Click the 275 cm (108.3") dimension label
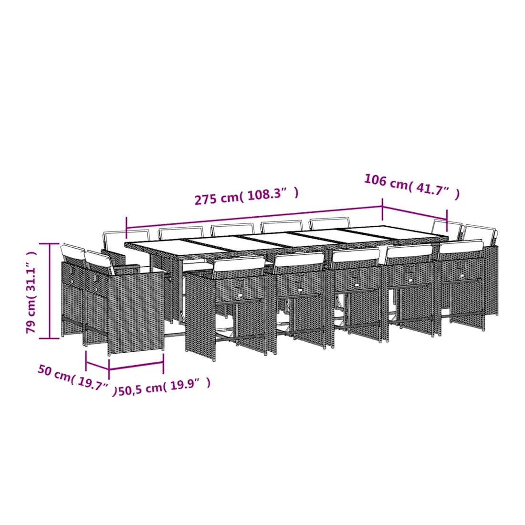tap(247, 196)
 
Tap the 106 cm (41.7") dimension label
tap(412, 187)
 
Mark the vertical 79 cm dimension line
tap(50, 291)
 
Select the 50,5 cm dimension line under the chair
tap(136, 366)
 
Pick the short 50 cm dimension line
tap(97, 365)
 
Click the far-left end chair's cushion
tap(73, 251)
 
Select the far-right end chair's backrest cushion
tap(480, 234)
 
